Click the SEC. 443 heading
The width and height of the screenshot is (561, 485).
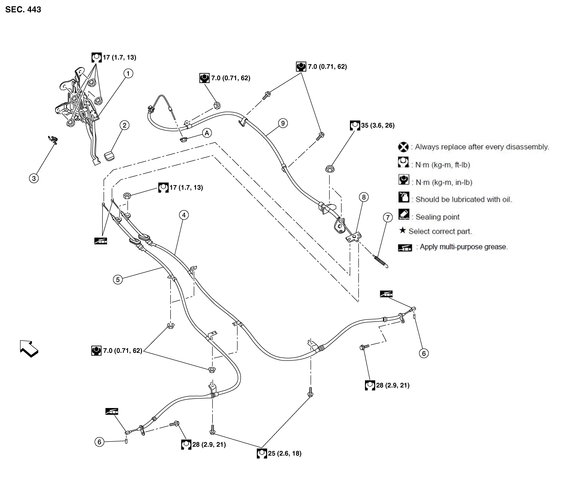23,9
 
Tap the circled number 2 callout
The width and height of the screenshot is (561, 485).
125,125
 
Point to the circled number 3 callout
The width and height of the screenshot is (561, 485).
34,178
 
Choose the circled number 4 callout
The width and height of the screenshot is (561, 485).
184,215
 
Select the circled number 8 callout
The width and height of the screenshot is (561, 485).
364,197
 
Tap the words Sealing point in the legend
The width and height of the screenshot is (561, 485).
438,217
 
